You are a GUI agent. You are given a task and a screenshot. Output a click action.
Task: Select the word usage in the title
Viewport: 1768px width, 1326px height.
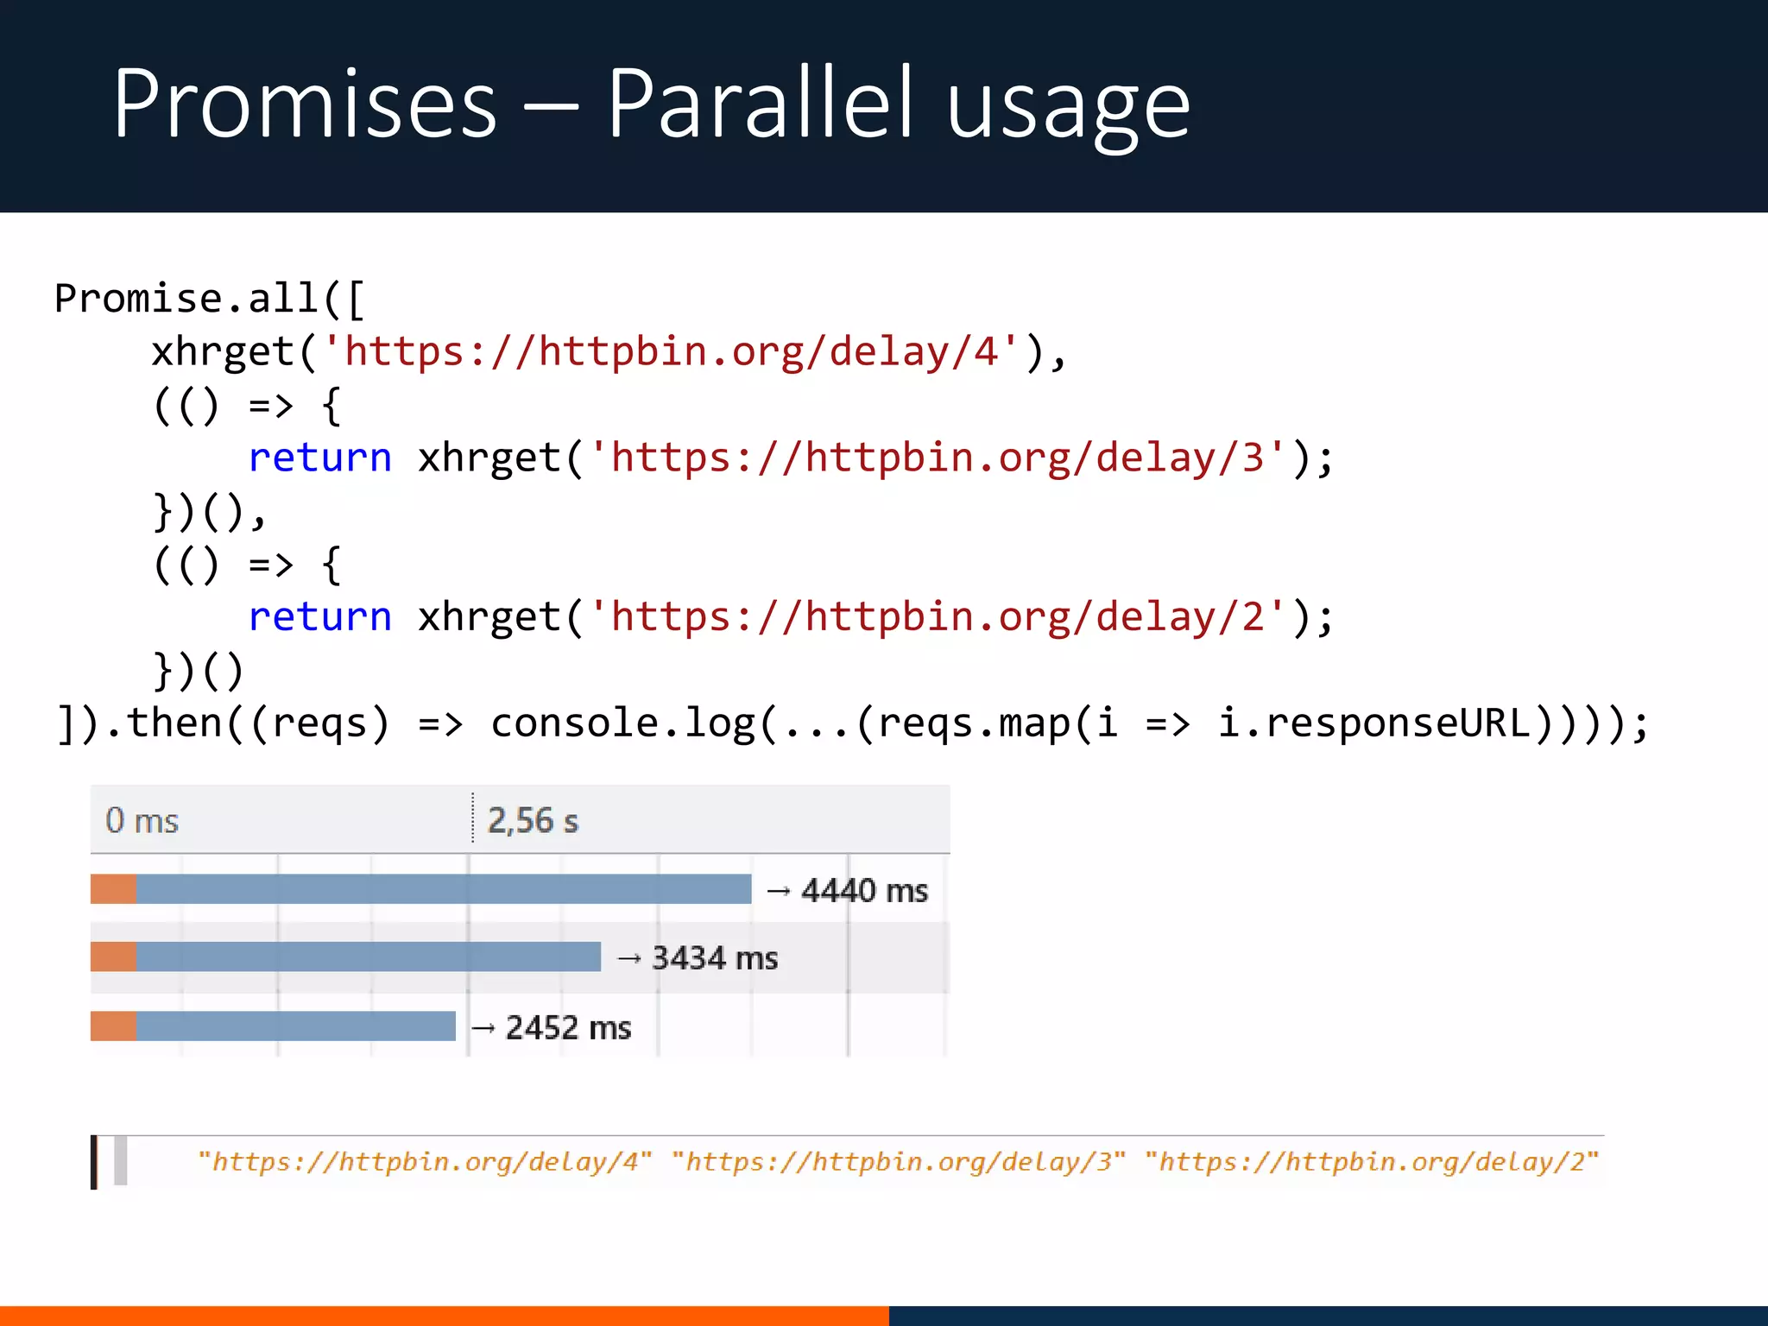point(1068,108)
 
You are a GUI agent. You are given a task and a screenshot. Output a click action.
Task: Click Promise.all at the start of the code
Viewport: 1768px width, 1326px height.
point(186,299)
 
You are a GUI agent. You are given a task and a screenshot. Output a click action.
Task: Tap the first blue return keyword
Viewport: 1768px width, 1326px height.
point(319,458)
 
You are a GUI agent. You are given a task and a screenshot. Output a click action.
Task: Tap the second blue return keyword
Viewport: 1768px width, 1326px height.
point(319,617)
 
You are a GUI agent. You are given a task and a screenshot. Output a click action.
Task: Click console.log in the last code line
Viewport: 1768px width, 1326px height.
point(622,723)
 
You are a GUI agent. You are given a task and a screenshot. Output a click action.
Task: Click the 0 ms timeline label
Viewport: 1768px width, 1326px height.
point(142,820)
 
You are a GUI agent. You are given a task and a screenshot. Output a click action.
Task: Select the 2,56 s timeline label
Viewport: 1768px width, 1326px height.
point(533,820)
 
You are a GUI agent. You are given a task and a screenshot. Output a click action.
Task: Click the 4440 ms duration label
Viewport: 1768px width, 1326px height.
point(864,890)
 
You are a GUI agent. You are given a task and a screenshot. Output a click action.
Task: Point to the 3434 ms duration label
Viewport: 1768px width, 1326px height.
point(715,958)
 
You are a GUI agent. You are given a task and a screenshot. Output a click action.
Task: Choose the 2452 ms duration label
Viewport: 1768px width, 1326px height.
point(568,1027)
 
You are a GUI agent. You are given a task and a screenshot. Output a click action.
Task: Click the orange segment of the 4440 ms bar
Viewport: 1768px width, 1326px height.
point(113,889)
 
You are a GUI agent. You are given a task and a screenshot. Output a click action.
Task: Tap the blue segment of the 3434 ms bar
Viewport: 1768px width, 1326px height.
point(368,957)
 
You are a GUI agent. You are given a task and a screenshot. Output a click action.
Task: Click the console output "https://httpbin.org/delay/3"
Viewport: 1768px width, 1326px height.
point(899,1162)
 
